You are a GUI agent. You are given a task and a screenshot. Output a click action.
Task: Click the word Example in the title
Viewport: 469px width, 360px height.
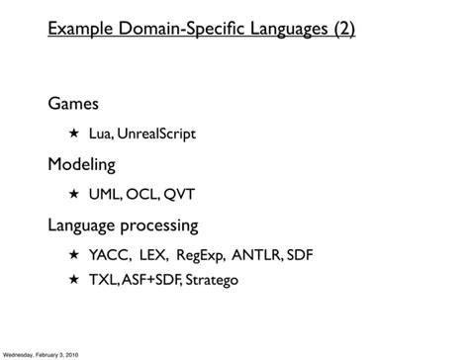click(x=78, y=31)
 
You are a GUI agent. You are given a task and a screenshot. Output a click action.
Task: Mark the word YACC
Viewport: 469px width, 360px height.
click(x=108, y=254)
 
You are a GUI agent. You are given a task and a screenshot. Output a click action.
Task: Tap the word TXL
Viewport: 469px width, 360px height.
click(x=103, y=281)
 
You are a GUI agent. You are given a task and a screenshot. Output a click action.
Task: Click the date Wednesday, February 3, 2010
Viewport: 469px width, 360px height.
click(x=42, y=353)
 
